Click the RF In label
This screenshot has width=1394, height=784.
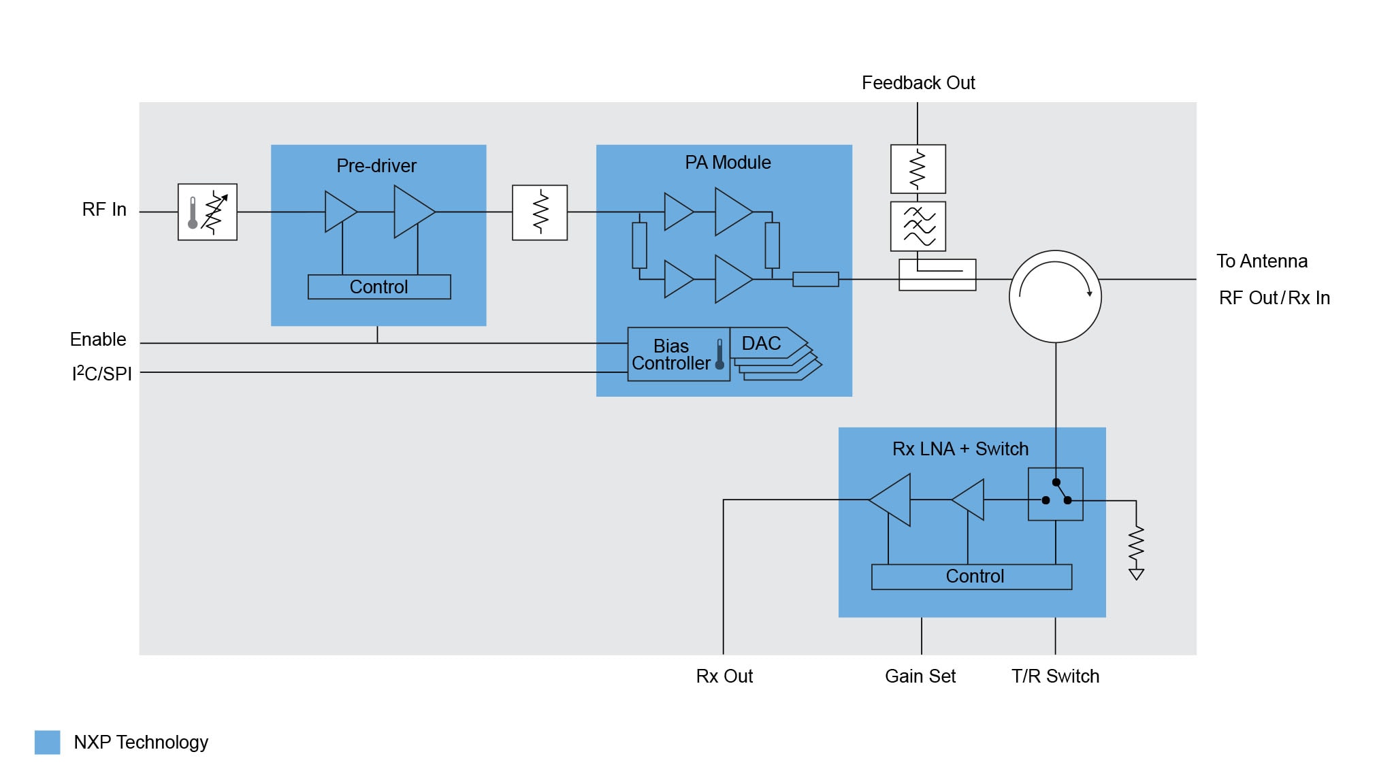104,210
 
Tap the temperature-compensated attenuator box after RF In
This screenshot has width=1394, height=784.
208,212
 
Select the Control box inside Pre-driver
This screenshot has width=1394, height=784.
379,287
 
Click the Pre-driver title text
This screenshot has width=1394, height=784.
376,166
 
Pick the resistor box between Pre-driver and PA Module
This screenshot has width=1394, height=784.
540,212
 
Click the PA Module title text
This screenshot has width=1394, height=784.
728,163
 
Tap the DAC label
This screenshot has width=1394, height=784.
761,344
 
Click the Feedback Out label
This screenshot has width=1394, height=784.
918,83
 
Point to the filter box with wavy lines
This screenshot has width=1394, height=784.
918,227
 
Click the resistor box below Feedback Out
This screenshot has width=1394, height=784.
918,169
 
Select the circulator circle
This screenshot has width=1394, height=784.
1055,297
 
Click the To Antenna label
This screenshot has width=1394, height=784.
1262,261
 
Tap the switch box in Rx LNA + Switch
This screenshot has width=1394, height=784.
1056,494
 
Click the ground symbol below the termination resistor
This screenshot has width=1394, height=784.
1136,574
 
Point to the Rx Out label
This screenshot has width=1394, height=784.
724,676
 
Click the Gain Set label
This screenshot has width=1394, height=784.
920,676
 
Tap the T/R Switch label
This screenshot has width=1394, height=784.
1055,676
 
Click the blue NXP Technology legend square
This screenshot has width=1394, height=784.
48,742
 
